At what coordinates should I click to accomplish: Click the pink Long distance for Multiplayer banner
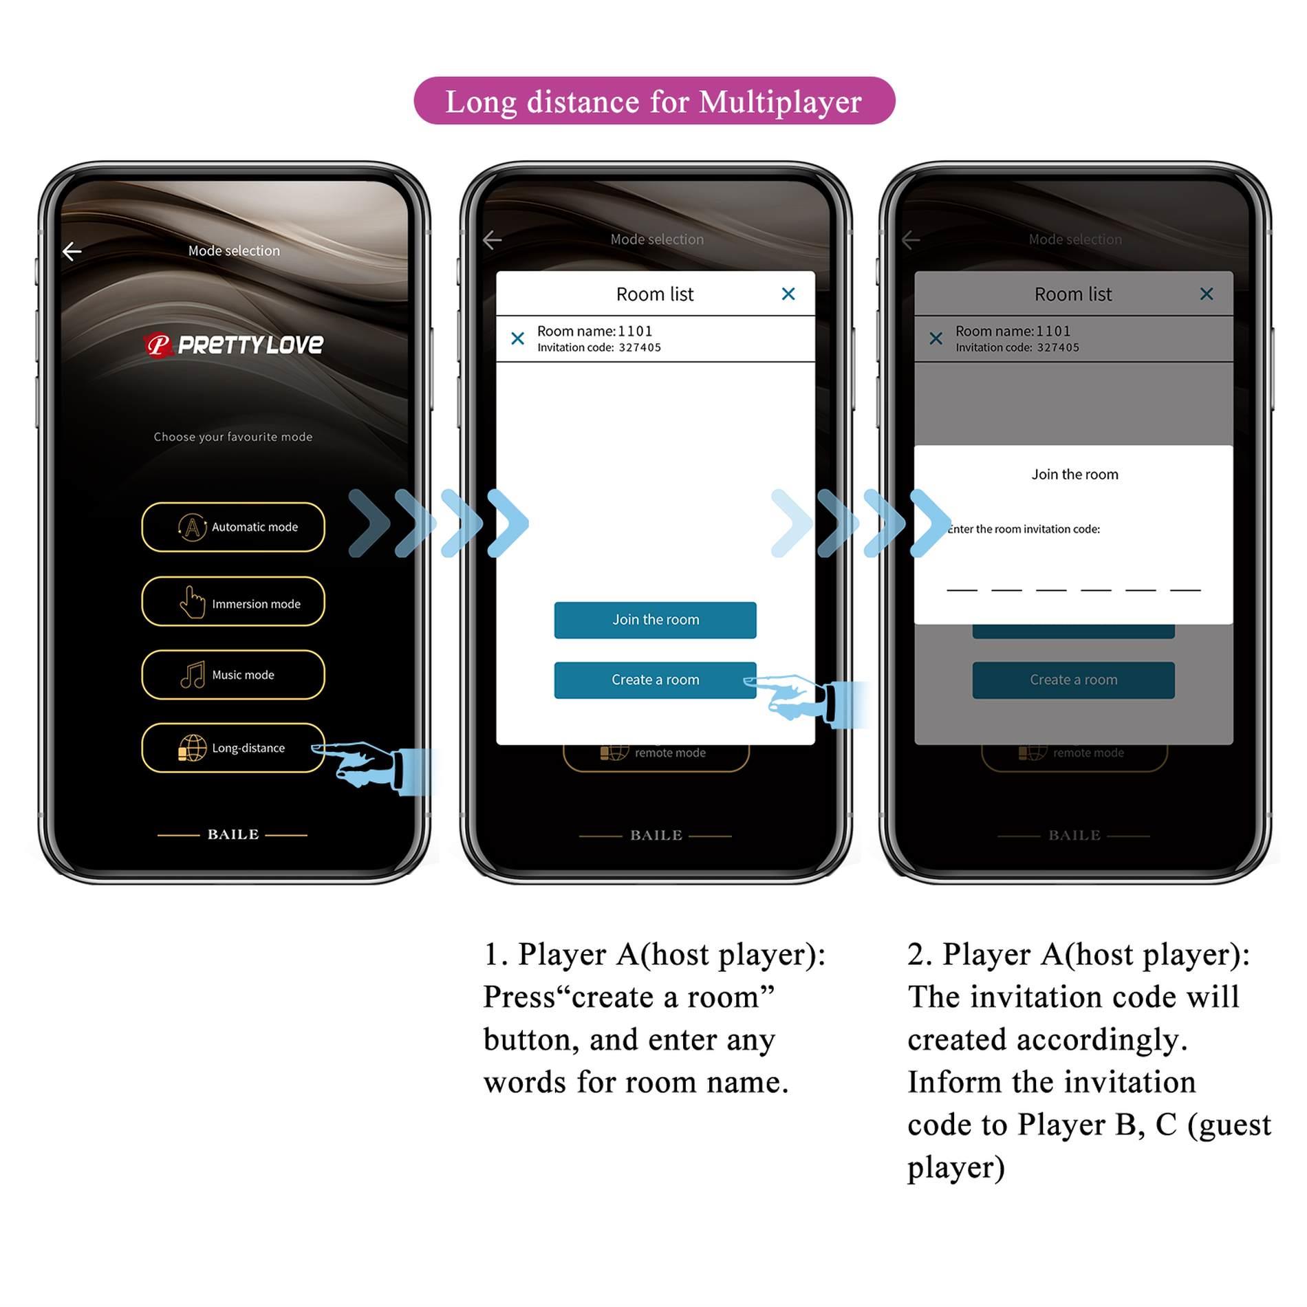coord(653,101)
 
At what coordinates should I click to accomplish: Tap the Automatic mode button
coord(233,527)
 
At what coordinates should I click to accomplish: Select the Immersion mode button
coord(233,602)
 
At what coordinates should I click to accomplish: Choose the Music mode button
coord(233,675)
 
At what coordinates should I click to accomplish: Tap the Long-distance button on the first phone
coord(233,748)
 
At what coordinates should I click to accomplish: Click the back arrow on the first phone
coord(72,251)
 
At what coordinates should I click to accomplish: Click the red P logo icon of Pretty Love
coord(158,344)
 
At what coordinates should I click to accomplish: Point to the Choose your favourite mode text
coord(233,437)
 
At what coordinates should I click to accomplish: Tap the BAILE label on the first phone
coord(233,834)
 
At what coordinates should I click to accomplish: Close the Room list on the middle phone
coord(788,294)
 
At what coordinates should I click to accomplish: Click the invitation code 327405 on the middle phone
coord(639,347)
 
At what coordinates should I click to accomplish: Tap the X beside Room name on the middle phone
coord(517,338)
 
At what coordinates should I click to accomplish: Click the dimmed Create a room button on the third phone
coord(1073,680)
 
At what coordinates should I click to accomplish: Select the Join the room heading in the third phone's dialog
coord(1074,474)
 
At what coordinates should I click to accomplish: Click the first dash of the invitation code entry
coord(962,588)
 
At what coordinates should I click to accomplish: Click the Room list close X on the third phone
coord(1207,294)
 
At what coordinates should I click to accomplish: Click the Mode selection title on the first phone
coord(234,250)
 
